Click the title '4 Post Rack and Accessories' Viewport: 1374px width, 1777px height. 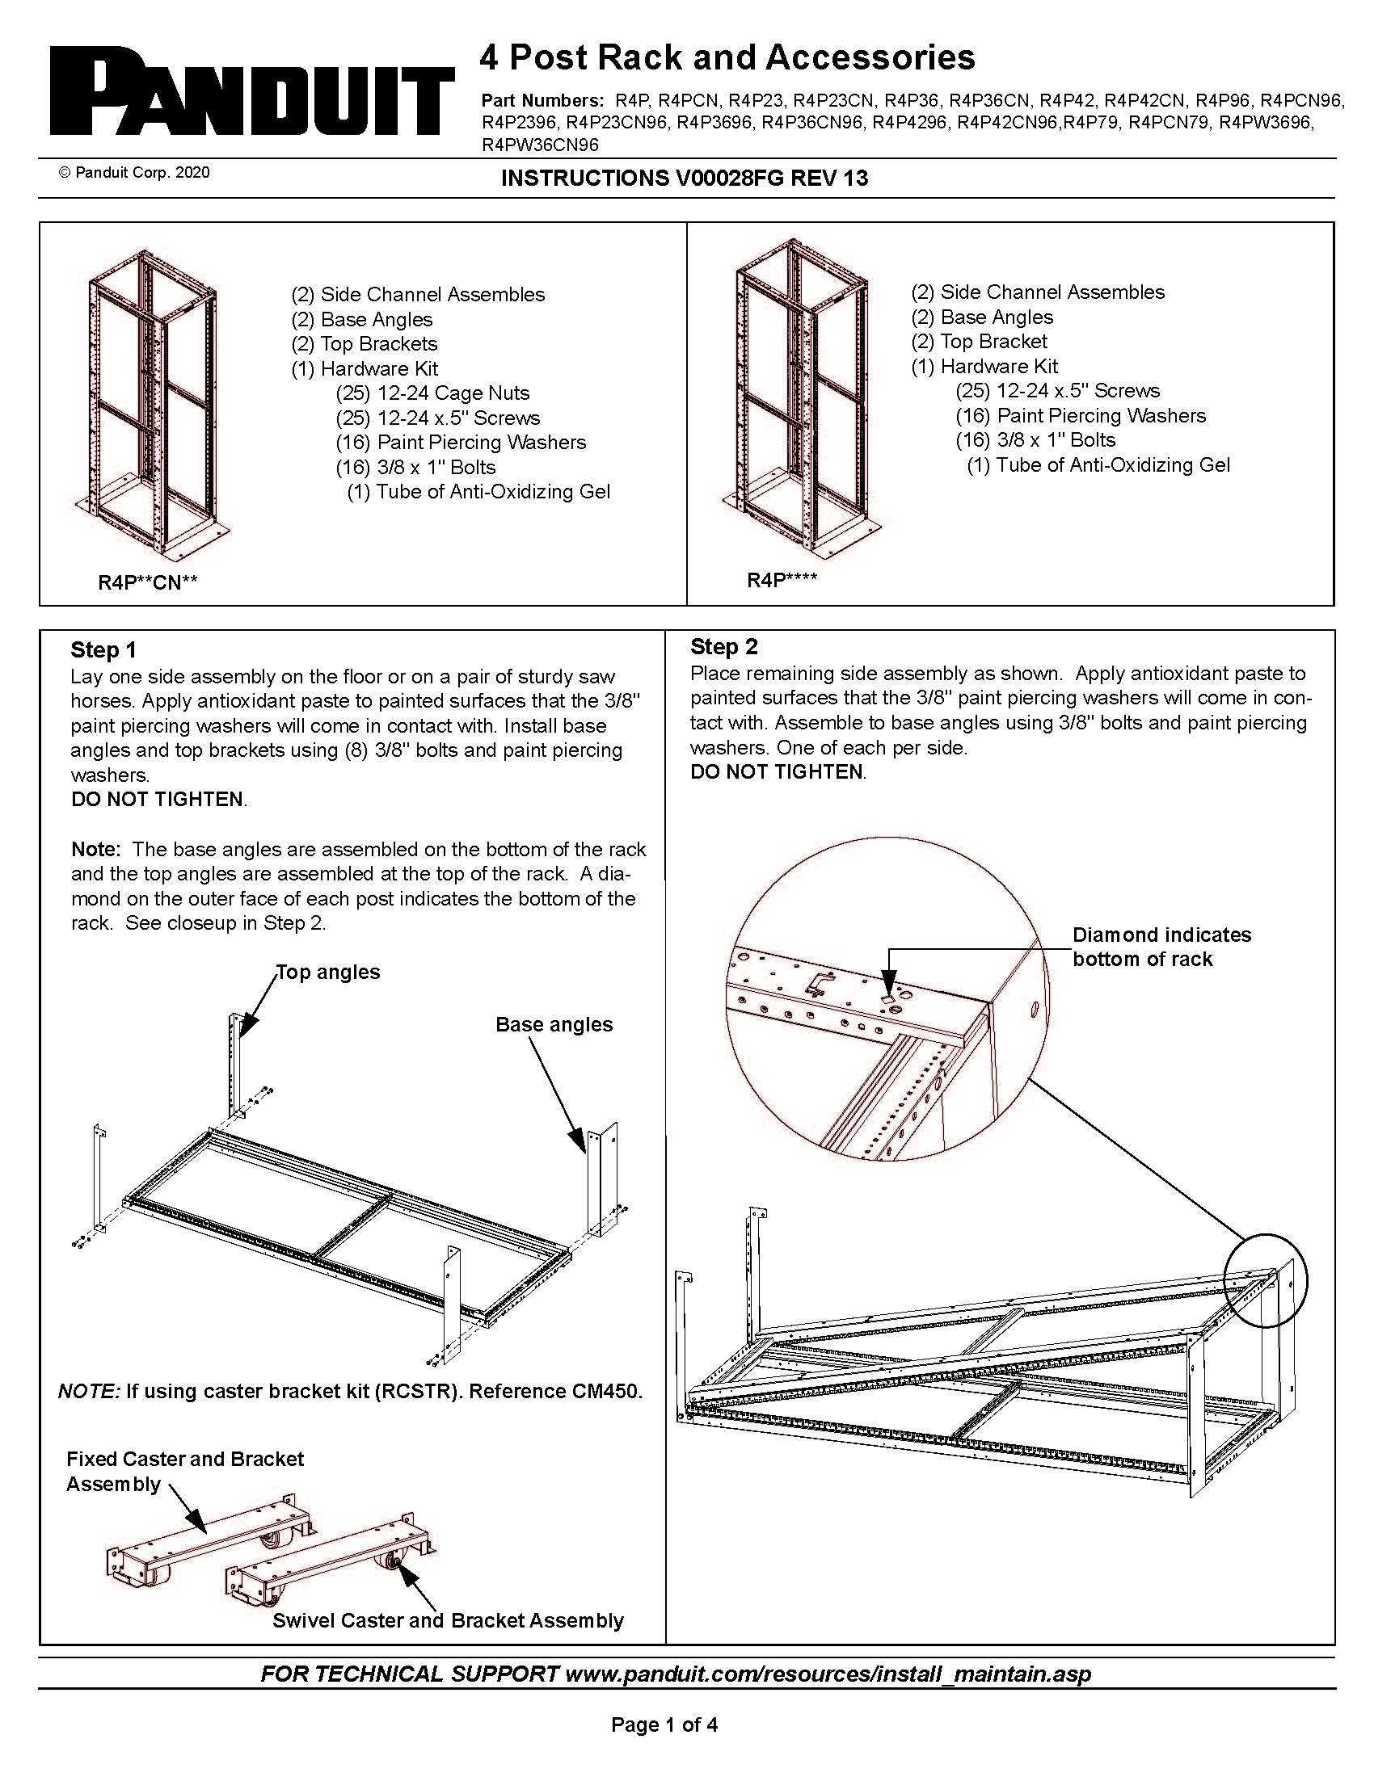point(726,58)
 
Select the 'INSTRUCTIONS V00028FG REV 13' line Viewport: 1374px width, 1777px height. point(684,178)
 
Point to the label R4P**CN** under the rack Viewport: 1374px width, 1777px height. point(147,582)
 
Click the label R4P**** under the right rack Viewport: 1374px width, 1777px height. point(782,579)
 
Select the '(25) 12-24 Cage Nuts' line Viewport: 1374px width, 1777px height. point(432,393)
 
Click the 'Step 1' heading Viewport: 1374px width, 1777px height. point(103,649)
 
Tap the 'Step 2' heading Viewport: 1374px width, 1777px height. point(723,646)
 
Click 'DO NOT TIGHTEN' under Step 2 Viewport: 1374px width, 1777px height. point(777,771)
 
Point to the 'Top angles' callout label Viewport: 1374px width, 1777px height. point(328,972)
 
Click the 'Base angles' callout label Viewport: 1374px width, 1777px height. point(554,1024)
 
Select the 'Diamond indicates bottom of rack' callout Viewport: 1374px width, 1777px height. point(1161,947)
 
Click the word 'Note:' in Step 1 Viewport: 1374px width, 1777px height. point(96,849)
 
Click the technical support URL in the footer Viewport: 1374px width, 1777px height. point(828,1674)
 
